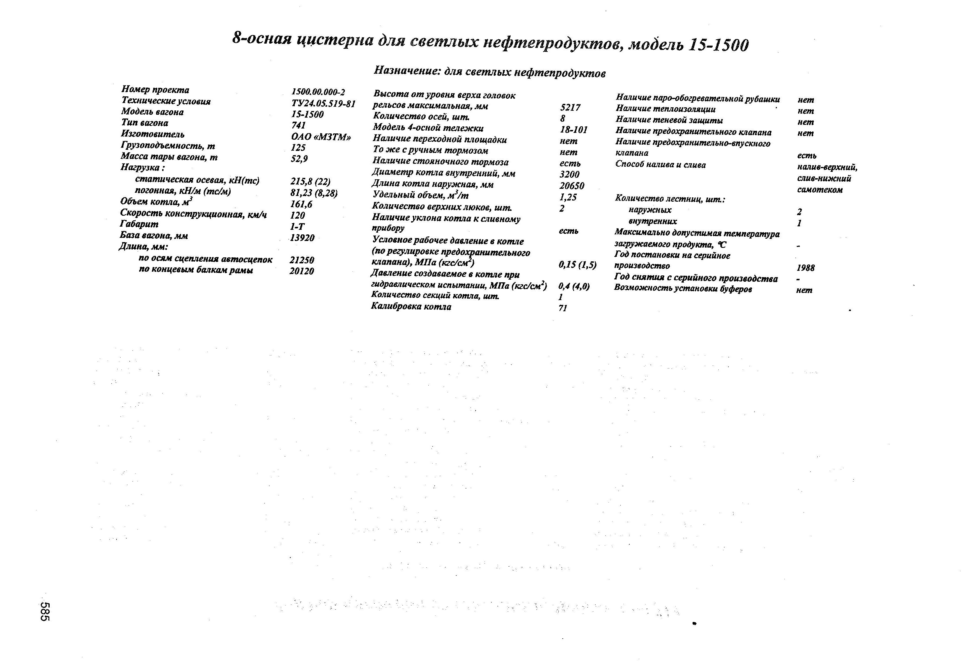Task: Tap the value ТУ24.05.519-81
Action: point(323,103)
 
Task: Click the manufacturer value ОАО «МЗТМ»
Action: point(321,137)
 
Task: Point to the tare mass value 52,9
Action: point(300,158)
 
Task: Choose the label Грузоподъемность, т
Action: point(168,145)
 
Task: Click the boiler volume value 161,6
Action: point(301,204)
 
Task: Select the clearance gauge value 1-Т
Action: point(298,226)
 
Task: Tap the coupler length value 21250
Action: point(302,260)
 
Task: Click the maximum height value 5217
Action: point(570,108)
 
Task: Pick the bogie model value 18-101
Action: point(574,130)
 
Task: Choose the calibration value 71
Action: point(563,308)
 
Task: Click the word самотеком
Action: point(820,189)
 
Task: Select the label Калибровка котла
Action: point(411,306)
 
